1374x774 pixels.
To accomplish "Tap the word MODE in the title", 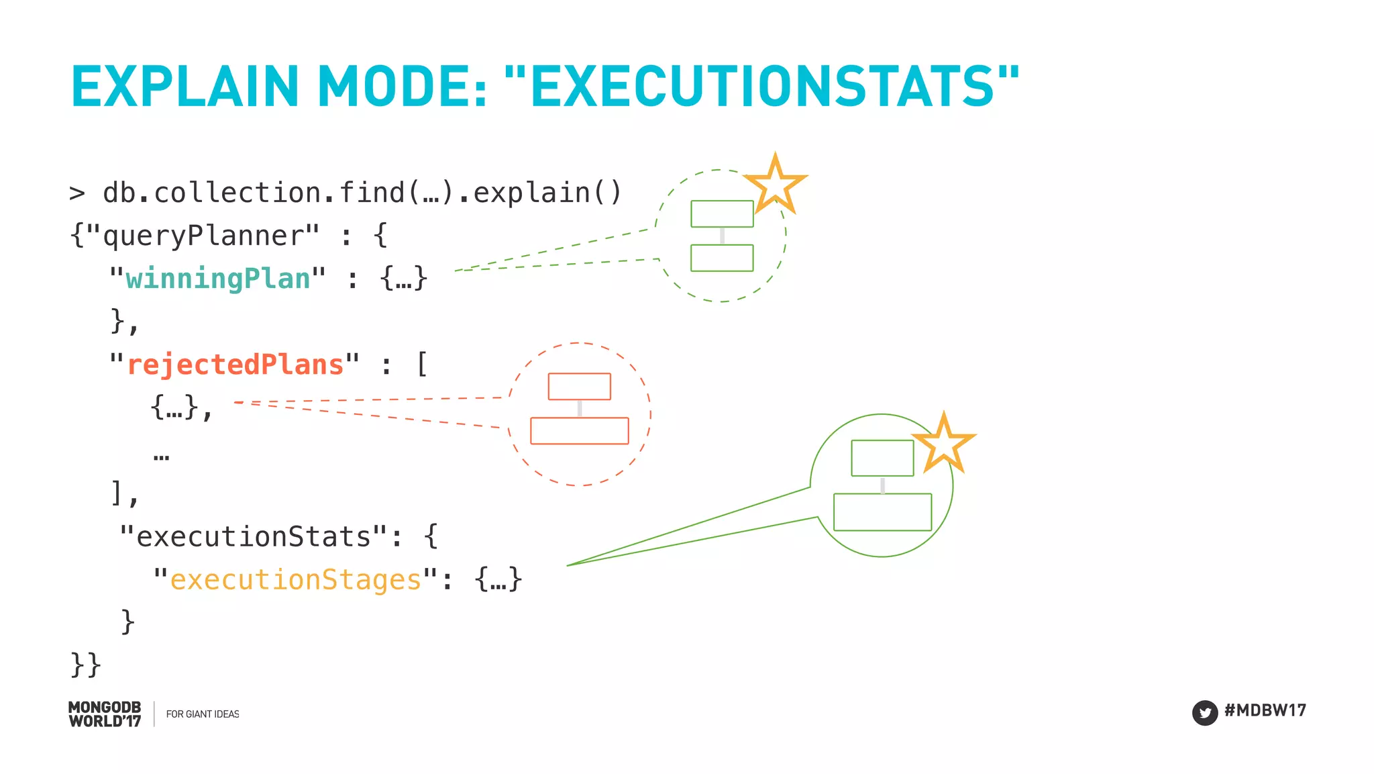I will [x=402, y=87].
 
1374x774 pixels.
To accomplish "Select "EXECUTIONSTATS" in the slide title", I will [x=761, y=87].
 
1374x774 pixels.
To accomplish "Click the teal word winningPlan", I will [x=218, y=279].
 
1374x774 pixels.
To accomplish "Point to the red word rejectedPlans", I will [x=235, y=365].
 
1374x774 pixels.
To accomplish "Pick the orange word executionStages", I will [x=295, y=579].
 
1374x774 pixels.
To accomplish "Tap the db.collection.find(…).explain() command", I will [x=362, y=193].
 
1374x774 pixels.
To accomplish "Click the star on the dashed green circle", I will [x=775, y=183].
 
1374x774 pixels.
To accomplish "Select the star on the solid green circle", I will [x=943, y=444].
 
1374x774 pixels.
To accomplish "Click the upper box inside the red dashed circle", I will [x=580, y=387].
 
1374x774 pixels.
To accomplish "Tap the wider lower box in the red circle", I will [x=580, y=431].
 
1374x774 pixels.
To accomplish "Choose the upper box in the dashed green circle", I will [x=722, y=214].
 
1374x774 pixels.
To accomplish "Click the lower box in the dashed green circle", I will [x=722, y=258].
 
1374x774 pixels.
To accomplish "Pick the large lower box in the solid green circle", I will [x=882, y=512].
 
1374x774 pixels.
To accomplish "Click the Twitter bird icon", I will [x=1205, y=712].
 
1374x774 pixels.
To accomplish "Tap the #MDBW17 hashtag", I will [x=1265, y=710].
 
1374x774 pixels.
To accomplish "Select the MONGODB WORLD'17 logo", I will [x=105, y=714].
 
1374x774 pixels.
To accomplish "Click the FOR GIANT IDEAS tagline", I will [x=203, y=714].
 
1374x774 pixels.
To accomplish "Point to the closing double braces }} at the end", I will [x=86, y=665].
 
